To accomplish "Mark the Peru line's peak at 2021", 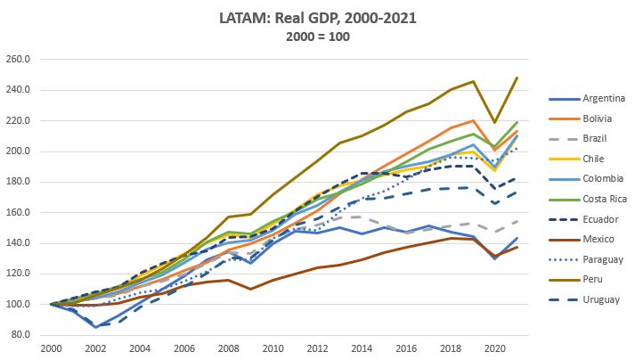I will pyautogui.click(x=517, y=78).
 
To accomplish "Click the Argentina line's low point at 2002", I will pyautogui.click(x=96, y=327).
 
